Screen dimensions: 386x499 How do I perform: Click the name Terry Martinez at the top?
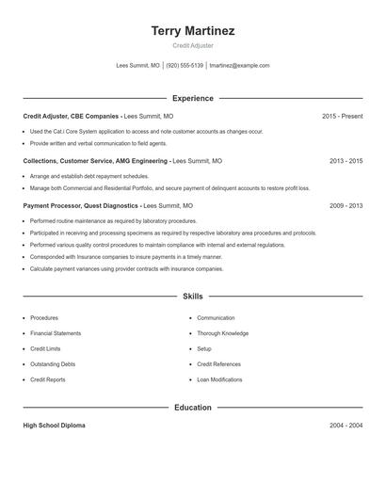(x=193, y=31)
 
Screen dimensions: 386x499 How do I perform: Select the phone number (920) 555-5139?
(x=185, y=66)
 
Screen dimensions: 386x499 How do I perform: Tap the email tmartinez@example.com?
(x=239, y=66)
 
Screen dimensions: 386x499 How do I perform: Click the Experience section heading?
(x=193, y=98)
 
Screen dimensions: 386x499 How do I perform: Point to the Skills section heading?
(x=193, y=297)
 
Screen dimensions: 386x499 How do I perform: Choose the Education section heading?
(x=193, y=408)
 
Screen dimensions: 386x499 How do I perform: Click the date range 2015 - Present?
(x=342, y=116)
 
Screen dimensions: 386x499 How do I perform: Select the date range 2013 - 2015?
(x=346, y=161)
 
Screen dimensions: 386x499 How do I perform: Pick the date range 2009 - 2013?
(x=346, y=205)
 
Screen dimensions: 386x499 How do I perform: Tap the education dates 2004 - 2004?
(x=346, y=426)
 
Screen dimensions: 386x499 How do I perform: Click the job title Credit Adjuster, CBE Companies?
(x=72, y=116)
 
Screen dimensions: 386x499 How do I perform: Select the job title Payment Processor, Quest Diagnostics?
(x=81, y=205)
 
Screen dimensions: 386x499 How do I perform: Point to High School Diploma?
(x=54, y=426)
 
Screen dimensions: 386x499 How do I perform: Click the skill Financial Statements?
(x=56, y=333)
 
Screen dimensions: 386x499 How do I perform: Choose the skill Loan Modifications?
(x=219, y=379)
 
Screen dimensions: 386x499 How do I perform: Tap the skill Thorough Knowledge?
(x=222, y=333)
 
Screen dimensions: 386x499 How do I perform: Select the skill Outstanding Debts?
(x=53, y=363)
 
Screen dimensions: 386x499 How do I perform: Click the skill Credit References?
(x=218, y=363)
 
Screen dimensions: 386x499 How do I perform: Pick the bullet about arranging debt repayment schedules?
(x=89, y=176)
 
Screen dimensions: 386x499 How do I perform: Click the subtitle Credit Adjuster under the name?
(x=193, y=45)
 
